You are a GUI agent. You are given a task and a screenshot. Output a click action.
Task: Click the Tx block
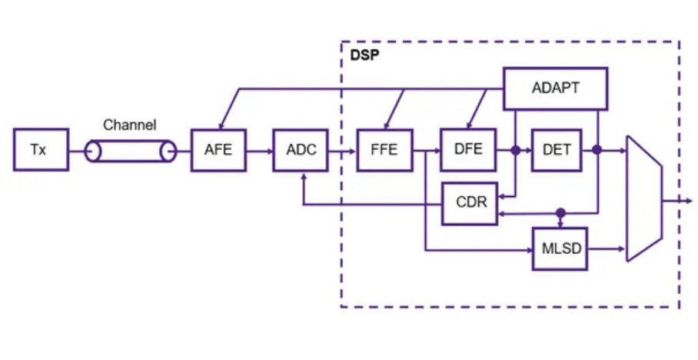tap(38, 150)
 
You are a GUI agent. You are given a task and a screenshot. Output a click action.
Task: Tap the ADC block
tap(301, 150)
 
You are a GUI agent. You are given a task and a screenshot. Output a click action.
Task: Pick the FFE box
tap(384, 150)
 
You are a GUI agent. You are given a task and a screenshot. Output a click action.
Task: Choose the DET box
tap(557, 150)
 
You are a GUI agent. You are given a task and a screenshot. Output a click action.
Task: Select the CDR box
tap(469, 203)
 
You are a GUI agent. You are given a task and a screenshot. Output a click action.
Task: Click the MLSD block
tap(560, 248)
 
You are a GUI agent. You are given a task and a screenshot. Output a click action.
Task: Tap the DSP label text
tap(365, 57)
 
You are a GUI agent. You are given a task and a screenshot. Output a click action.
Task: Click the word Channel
tap(130, 125)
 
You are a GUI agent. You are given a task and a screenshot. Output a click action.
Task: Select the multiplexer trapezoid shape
tap(644, 199)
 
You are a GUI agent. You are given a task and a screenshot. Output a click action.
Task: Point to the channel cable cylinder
tap(129, 151)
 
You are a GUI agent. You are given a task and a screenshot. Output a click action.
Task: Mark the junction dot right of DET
tap(597, 151)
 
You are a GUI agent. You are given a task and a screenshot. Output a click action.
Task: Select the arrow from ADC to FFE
tap(342, 151)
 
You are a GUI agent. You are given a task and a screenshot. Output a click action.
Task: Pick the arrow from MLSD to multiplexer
tap(607, 248)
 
